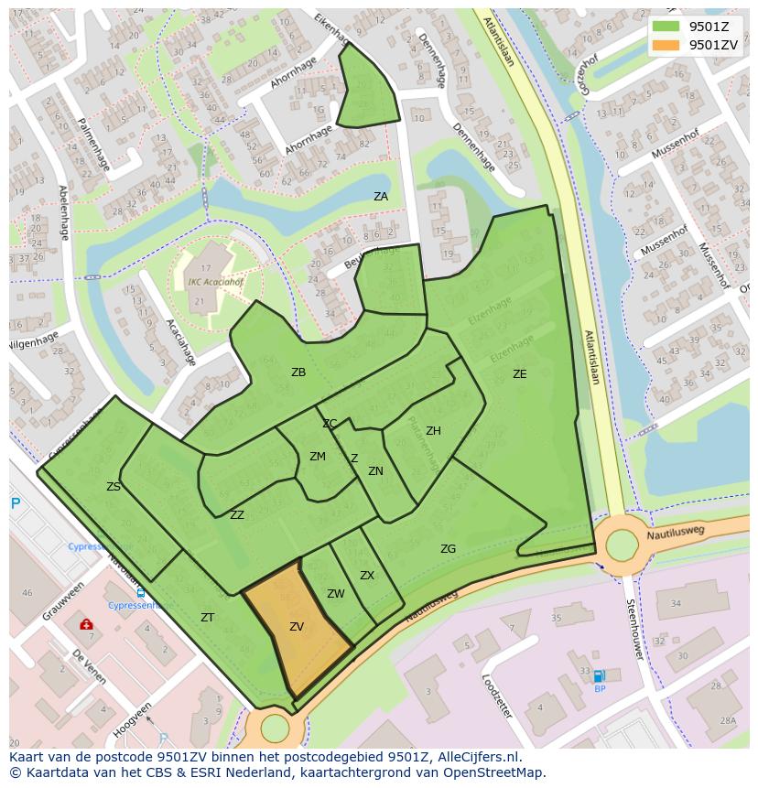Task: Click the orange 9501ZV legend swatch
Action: [x=666, y=45]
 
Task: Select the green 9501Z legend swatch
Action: [x=666, y=27]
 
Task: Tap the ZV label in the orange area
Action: [x=297, y=627]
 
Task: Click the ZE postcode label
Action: [x=519, y=374]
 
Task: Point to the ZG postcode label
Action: [x=448, y=549]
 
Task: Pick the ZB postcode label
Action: [x=298, y=372]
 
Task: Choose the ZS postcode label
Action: [x=114, y=487]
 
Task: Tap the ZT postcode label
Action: [x=208, y=618]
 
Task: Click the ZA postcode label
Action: [x=381, y=197]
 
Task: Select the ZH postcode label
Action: [x=433, y=431]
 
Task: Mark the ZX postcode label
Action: [x=367, y=576]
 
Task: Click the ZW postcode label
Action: [x=336, y=594]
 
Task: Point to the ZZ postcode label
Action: [x=237, y=515]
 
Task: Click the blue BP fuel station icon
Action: [x=599, y=676]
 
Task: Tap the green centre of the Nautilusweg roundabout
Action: [x=622, y=546]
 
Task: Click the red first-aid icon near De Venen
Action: [x=86, y=624]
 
